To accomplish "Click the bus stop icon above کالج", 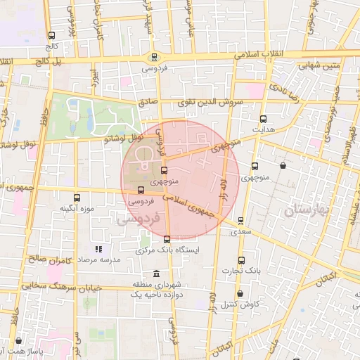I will click(51, 35).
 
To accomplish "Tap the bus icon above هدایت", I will click(264, 119).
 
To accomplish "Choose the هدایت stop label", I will click(264, 130).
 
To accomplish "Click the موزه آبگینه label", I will click(77, 209).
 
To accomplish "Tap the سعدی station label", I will click(242, 231).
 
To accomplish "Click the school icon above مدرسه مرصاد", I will click(99, 248).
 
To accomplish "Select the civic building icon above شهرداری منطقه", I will click(155, 273).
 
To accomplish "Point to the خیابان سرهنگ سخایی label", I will click(52, 286).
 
